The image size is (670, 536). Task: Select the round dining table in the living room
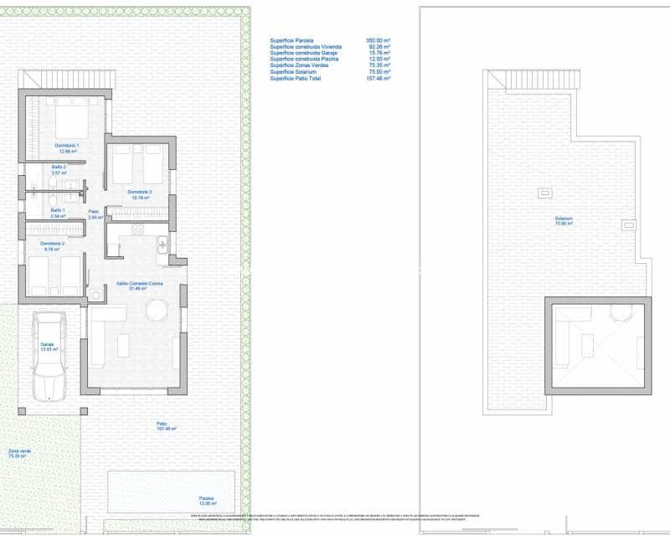click(x=157, y=311)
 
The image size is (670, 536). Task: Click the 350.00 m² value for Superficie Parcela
click(x=379, y=40)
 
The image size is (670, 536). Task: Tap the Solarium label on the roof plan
click(x=563, y=220)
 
